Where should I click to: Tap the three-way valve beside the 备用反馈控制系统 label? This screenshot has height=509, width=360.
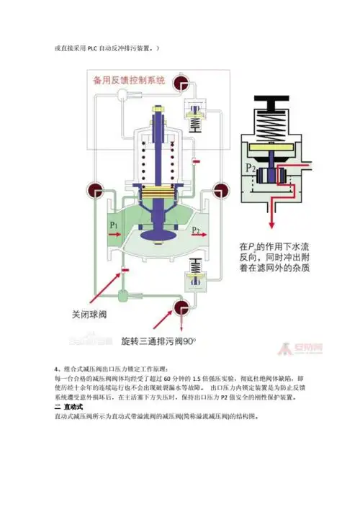click(x=181, y=81)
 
